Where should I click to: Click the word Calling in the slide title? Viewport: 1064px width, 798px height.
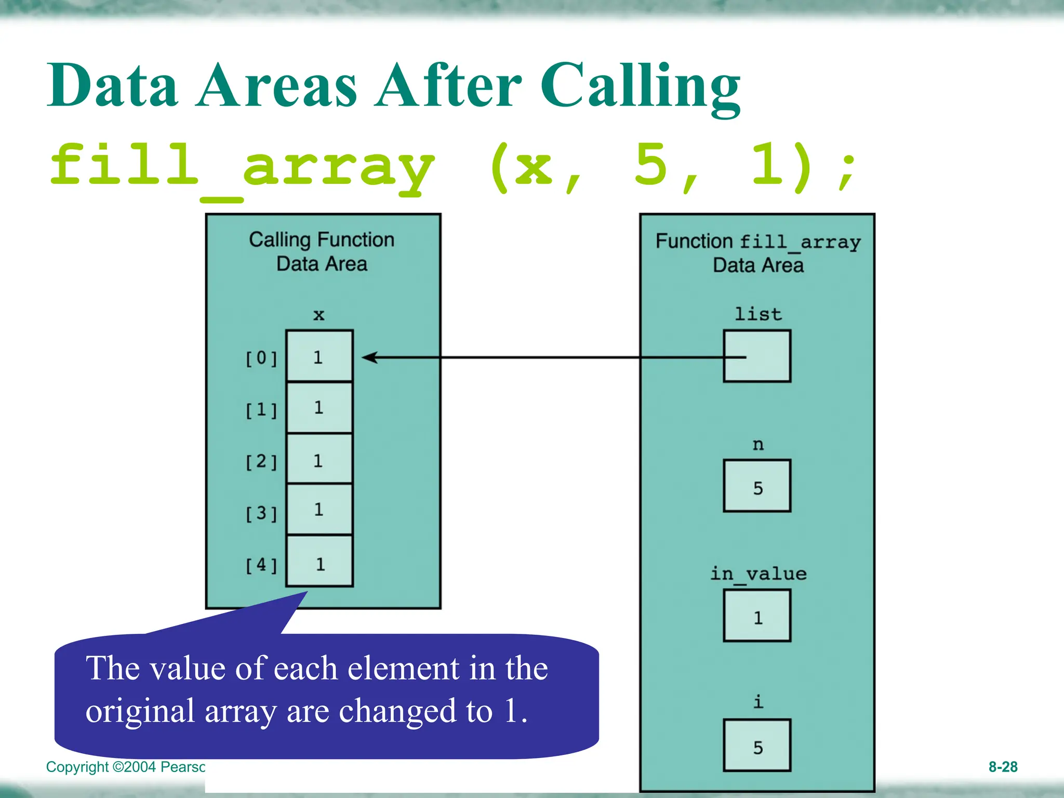coord(640,86)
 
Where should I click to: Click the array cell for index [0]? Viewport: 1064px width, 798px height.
coord(319,356)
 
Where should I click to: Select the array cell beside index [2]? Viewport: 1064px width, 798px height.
coord(319,459)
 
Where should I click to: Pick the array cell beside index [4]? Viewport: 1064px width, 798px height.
coord(319,562)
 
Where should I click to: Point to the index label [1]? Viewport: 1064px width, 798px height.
coord(261,410)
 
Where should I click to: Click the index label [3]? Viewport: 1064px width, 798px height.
coord(261,513)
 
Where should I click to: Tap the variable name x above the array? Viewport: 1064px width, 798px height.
coord(318,315)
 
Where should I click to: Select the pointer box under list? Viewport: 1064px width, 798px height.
coord(757,356)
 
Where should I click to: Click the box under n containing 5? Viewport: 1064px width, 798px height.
coord(757,486)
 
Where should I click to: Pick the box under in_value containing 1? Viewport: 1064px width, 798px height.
coord(757,616)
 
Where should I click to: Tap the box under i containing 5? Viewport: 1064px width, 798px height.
coord(757,746)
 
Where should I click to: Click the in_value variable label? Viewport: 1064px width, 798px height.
coord(758,574)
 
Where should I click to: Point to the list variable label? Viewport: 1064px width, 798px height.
coord(758,314)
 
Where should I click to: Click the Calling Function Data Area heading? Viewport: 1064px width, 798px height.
coord(322,251)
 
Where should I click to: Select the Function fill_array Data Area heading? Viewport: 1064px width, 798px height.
coord(758,253)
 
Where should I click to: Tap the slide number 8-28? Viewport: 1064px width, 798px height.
coord(1002,767)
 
